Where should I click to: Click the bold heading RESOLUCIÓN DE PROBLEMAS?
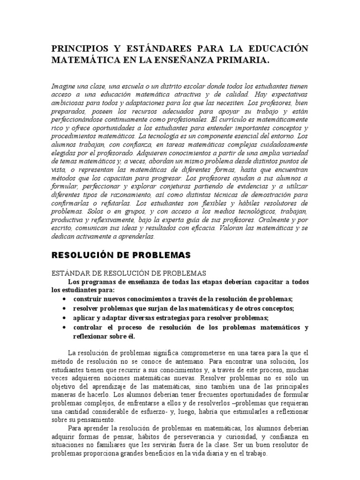pyautogui.click(x=121, y=255)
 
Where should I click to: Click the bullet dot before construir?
pyautogui.click(x=63, y=299)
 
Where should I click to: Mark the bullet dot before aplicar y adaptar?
pyautogui.click(x=63, y=317)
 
